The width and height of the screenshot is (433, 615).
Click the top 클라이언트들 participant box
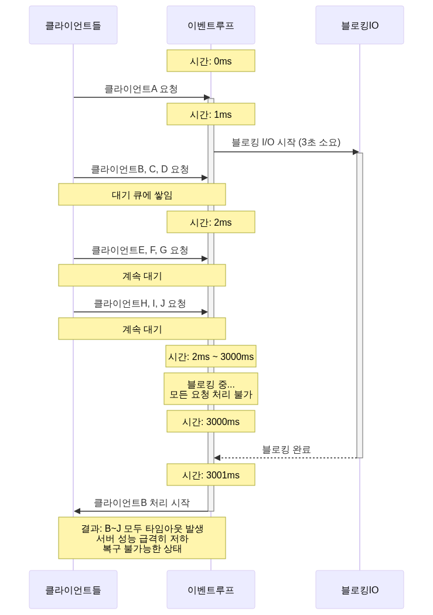click(x=73, y=25)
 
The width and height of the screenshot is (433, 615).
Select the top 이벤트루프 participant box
click(x=211, y=25)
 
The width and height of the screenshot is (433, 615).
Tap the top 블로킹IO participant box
click(x=360, y=25)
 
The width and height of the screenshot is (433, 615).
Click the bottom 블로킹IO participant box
click(x=360, y=590)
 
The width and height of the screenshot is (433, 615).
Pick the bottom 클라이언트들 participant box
click(x=73, y=590)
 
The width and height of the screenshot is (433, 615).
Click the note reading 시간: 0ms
click(x=211, y=61)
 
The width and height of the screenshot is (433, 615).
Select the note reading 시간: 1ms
click(x=211, y=114)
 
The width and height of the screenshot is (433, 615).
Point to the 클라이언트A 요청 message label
click(x=141, y=89)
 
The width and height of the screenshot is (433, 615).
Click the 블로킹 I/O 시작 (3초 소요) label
click(x=286, y=142)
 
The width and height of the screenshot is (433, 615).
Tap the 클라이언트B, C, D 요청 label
click(x=140, y=169)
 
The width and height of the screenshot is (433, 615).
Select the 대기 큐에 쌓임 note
click(x=142, y=195)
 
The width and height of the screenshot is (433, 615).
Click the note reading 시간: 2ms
click(x=211, y=222)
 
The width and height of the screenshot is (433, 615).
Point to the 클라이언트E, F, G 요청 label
click(x=140, y=250)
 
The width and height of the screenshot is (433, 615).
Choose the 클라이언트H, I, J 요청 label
click(x=140, y=304)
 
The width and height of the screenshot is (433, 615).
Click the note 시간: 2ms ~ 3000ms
click(x=211, y=356)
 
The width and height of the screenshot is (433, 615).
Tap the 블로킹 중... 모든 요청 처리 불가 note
click(x=211, y=389)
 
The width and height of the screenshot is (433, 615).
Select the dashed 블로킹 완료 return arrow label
click(x=286, y=450)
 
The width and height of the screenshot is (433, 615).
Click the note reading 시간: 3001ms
click(x=211, y=475)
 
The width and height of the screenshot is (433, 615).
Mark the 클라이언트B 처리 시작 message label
click(x=141, y=502)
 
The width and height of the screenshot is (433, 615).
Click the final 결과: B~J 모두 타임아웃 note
click(x=142, y=538)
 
